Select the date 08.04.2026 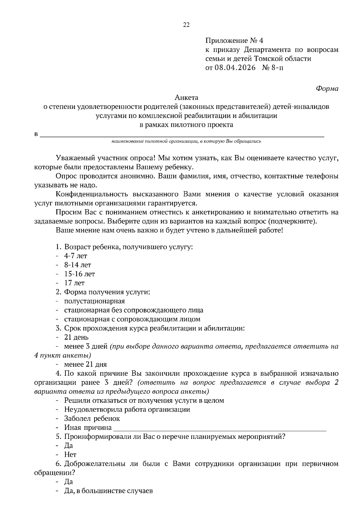click(235, 67)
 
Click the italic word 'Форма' click(327, 88)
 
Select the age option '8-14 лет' click(77, 265)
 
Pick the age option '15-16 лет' click(79, 274)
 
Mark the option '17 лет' click(74, 283)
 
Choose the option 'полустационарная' click(94, 301)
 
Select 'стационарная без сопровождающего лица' click(133, 310)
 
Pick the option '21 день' click(76, 337)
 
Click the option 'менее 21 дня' click(85, 365)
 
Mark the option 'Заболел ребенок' click(92, 418)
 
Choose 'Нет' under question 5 click(70, 454)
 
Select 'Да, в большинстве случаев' click(108, 491)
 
